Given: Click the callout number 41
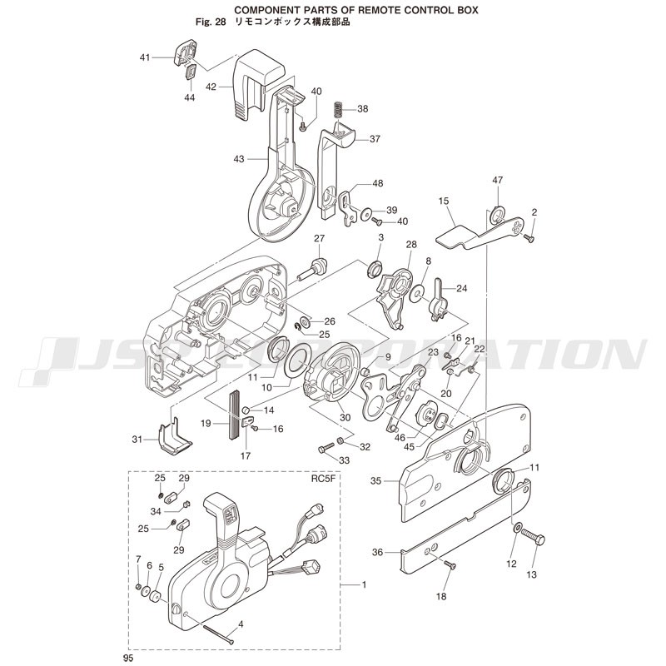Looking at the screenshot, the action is (x=145, y=57).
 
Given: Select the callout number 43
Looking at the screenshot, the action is (x=239, y=159).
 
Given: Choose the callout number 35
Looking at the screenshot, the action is (x=376, y=481).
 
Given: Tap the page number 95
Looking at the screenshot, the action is (x=128, y=658).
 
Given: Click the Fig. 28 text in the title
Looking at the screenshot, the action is (x=211, y=22).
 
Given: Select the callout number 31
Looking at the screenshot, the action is (x=137, y=440).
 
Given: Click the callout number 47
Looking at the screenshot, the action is (x=497, y=180).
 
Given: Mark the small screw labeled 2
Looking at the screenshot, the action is (x=529, y=238).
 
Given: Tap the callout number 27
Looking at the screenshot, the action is (x=320, y=238).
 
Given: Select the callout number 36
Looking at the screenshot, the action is (x=378, y=552).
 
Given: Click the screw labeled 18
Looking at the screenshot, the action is (x=450, y=564).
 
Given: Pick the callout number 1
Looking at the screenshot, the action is (x=364, y=584).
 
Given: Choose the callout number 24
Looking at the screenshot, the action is (x=462, y=288).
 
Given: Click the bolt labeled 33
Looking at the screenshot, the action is (x=326, y=448).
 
